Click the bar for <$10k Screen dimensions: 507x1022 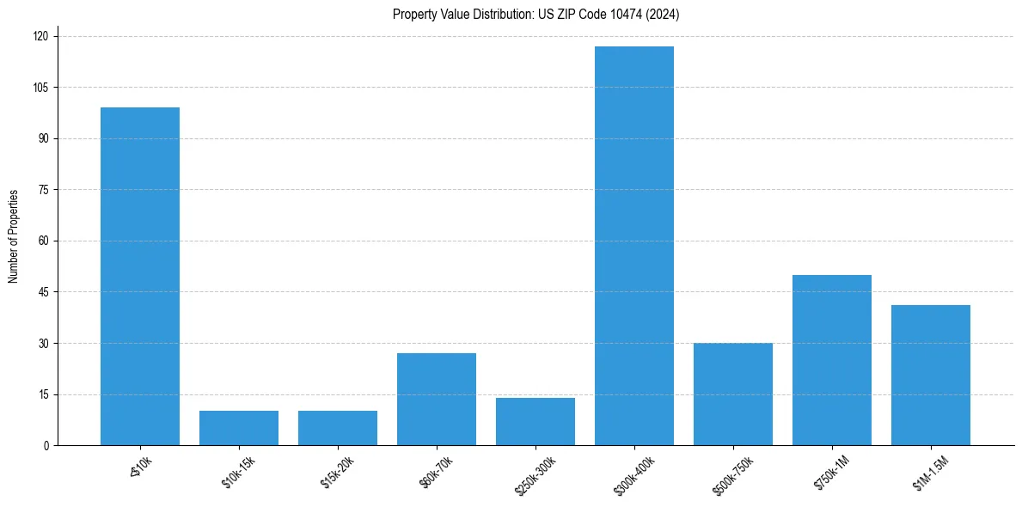(x=140, y=276)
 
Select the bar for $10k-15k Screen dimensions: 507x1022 (x=239, y=428)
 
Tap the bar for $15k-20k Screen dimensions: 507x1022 (x=338, y=428)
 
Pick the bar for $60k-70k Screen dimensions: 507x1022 (x=437, y=399)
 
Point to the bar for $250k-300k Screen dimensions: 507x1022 (x=535, y=421)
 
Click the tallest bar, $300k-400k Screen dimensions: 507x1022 (x=634, y=246)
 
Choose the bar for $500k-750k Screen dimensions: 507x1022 (x=733, y=394)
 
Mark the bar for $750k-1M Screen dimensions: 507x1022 (x=832, y=360)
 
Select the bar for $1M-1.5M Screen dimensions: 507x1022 (x=931, y=375)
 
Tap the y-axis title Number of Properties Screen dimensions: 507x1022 (x=14, y=236)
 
